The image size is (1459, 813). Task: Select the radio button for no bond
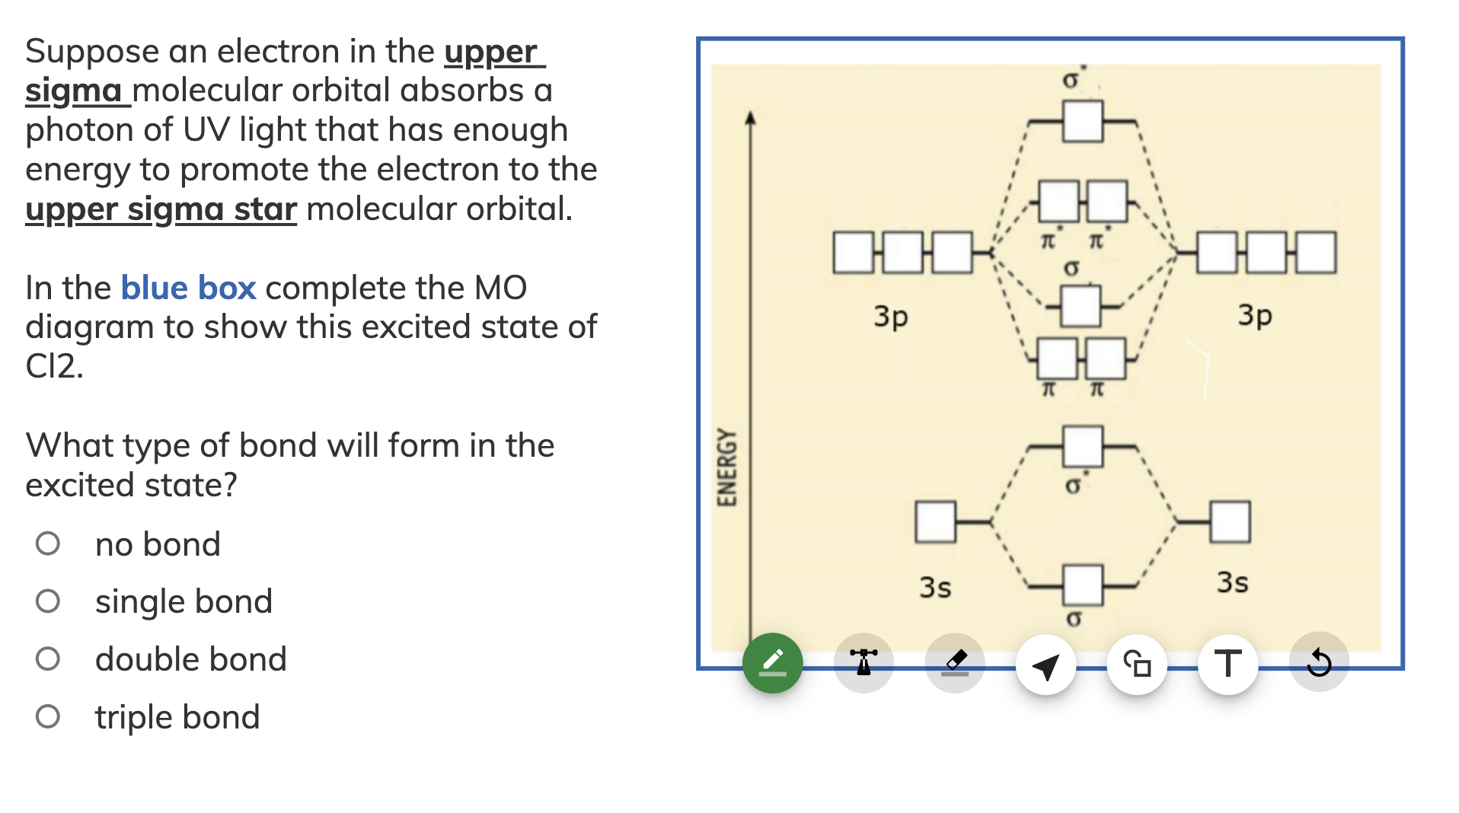pos(48,544)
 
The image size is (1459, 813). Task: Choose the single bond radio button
pos(48,601)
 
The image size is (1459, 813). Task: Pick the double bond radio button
pos(48,659)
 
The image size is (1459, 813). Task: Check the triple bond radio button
pos(48,716)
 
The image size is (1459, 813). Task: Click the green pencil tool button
pos(772,663)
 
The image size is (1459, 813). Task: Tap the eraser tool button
pos(955,663)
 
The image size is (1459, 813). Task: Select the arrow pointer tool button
pos(1046,665)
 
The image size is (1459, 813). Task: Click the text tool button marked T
pos(1228,665)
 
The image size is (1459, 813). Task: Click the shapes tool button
pos(1137,665)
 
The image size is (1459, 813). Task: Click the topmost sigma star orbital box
pos(1082,122)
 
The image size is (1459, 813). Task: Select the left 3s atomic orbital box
pos(935,522)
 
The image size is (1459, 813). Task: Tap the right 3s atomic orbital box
pos(1229,522)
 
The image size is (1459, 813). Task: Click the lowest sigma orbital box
pos(1082,585)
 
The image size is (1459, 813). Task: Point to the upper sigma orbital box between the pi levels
pos(1080,306)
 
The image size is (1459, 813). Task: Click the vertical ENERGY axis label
pos(727,467)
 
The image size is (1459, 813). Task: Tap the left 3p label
pos(891,315)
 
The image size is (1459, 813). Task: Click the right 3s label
pos(1232,582)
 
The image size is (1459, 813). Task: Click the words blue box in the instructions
pos(188,288)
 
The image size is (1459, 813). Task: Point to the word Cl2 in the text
pos(53,366)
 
